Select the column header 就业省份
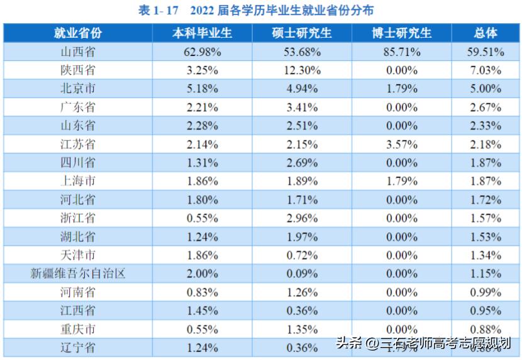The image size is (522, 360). pyautogui.click(x=78, y=33)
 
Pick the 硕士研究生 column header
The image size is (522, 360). pyautogui.click(x=303, y=33)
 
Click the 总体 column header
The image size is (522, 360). pyautogui.click(x=487, y=33)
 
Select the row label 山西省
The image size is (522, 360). pyautogui.click(x=78, y=52)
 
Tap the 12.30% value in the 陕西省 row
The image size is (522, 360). pyautogui.click(x=303, y=70)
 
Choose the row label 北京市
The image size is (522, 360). pyautogui.click(x=78, y=89)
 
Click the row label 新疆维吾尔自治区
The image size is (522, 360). pyautogui.click(x=78, y=274)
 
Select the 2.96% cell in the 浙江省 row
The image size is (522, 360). pyautogui.click(x=303, y=218)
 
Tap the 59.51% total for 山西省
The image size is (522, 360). pyautogui.click(x=487, y=52)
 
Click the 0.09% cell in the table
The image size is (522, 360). pyautogui.click(x=303, y=274)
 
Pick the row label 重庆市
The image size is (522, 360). pyautogui.click(x=78, y=329)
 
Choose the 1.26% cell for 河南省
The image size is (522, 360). pyautogui.click(x=303, y=293)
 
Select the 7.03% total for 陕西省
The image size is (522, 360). pyautogui.click(x=487, y=70)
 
